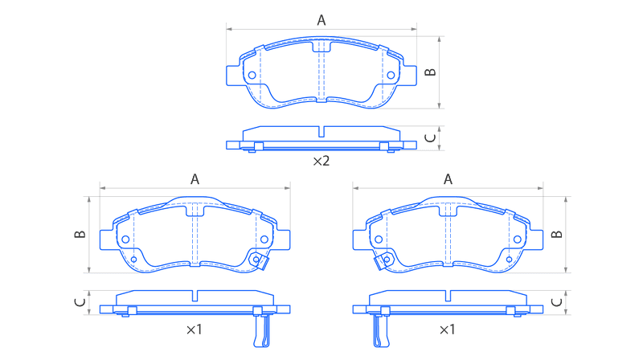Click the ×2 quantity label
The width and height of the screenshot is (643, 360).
(321, 162)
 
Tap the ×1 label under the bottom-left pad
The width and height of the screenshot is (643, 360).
(195, 329)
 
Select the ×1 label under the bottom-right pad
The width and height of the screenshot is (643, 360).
(447, 329)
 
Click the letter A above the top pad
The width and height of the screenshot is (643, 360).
(321, 19)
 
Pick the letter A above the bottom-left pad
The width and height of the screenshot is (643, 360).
(195, 178)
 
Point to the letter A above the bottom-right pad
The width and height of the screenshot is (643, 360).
(448, 178)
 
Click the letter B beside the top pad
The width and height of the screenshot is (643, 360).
(430, 72)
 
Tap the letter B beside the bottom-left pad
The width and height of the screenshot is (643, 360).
(80, 234)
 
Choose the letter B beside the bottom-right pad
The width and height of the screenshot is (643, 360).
(556, 234)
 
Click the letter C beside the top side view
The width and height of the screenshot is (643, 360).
(430, 138)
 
